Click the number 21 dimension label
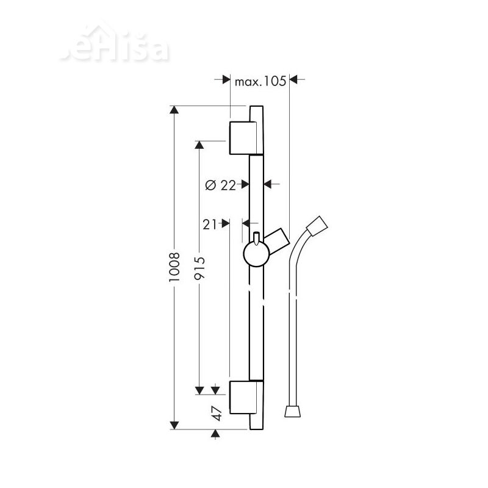[x=211, y=224]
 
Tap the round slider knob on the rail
[x=256, y=255]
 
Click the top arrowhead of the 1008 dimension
[x=174, y=110]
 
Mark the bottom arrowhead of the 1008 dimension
[x=174, y=425]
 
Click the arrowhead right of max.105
[x=293, y=79]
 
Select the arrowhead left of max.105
[x=224, y=79]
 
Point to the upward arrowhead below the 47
[x=215, y=434]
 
